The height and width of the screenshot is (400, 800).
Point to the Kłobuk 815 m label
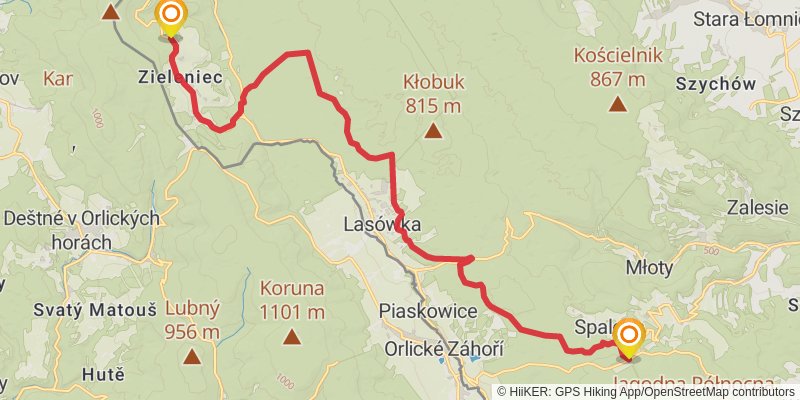(433, 92)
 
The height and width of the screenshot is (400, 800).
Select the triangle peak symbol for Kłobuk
(433, 130)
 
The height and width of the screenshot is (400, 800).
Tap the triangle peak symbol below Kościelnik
(618, 103)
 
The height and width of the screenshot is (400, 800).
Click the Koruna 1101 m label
(291, 299)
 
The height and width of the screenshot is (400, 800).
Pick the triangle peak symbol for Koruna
(291, 337)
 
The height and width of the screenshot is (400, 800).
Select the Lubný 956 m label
(192, 320)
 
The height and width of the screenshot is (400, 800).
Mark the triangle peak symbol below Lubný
(191, 355)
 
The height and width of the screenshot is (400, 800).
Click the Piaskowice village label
(428, 311)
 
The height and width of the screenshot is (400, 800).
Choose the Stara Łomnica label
(746, 19)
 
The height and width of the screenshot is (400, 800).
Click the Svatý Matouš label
(78, 310)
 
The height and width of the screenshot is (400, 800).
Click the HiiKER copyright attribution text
(647, 392)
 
